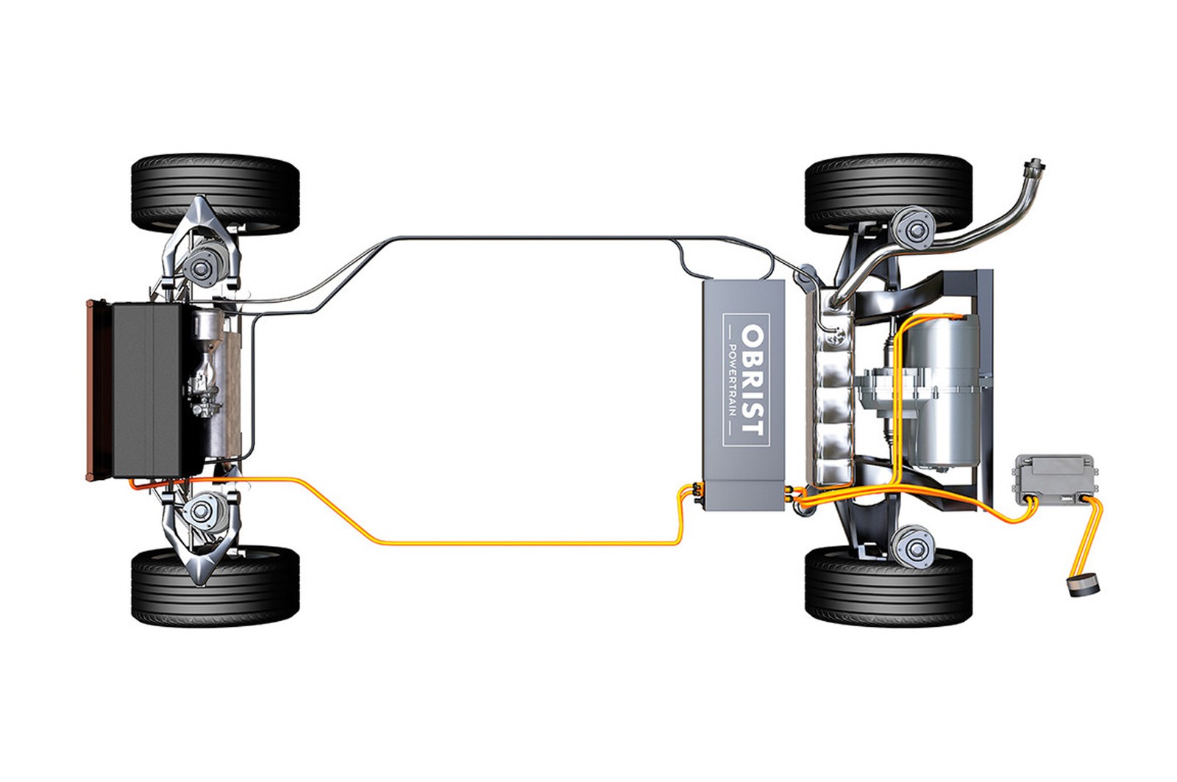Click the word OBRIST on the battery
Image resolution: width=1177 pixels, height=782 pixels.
point(753,380)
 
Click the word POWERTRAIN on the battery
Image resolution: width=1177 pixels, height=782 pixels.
point(732,380)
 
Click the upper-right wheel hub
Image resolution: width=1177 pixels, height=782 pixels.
point(914,231)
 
